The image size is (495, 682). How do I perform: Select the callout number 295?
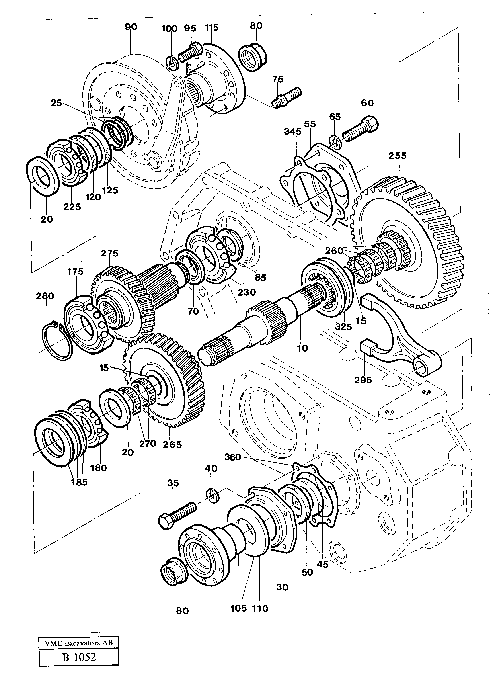(x=363, y=380)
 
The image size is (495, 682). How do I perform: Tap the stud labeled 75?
(x=287, y=97)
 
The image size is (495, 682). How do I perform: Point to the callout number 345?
(x=293, y=132)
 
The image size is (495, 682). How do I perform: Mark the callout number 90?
(x=131, y=27)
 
